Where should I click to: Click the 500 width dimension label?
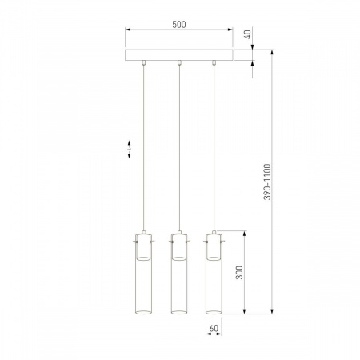pos(179,25)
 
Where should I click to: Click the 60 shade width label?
pos(213,328)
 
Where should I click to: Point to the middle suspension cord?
pos(178,152)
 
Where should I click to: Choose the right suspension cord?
pos(214,152)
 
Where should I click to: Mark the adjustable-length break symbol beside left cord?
pos(130,149)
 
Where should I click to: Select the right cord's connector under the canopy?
pos(214,63)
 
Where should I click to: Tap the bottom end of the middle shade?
pos(178,312)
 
